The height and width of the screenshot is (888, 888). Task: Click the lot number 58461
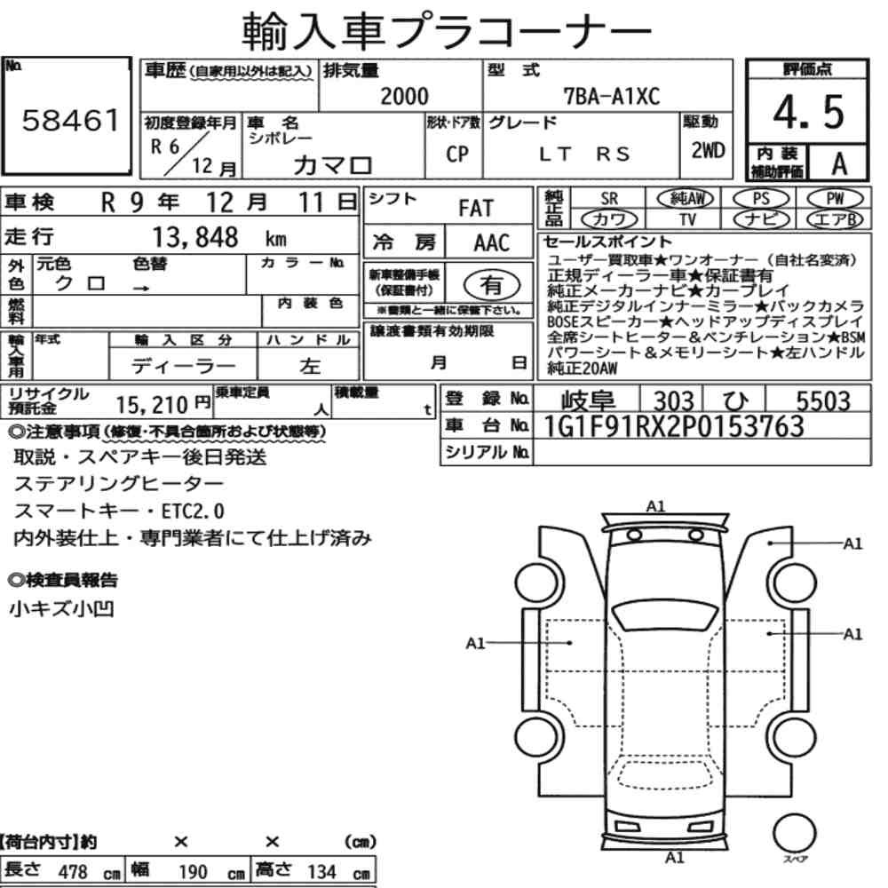point(70,120)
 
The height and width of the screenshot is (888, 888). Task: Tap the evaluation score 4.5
point(809,112)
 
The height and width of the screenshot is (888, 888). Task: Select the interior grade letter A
point(839,163)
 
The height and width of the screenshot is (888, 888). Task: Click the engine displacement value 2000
point(404,96)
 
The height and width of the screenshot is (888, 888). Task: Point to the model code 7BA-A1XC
point(612,96)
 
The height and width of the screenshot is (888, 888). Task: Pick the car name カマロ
point(332,165)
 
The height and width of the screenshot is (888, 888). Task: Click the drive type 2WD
point(708,150)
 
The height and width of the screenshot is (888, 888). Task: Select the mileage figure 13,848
point(195,237)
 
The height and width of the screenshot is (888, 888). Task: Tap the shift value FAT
point(476,209)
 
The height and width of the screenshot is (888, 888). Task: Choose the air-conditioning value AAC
point(492,243)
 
